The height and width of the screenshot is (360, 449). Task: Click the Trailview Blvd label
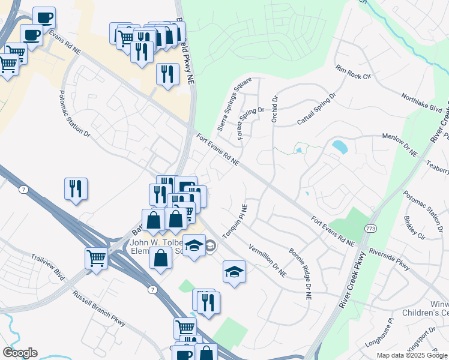(47, 266)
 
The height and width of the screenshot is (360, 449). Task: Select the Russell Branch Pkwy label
(99, 308)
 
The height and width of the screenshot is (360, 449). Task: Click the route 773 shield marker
(371, 229)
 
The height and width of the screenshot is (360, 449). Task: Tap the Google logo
(20, 353)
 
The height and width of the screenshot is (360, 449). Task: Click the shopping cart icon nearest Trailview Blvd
(96, 258)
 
